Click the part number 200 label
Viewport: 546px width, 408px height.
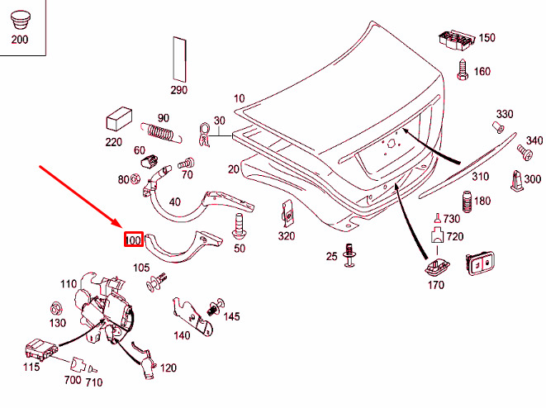click(19, 39)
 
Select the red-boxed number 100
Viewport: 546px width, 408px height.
click(134, 240)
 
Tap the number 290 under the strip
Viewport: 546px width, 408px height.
click(179, 90)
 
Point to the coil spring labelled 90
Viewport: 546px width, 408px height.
click(159, 132)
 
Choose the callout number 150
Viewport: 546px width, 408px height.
click(487, 38)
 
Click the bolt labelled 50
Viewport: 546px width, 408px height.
click(240, 225)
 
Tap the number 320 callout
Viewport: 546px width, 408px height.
click(286, 236)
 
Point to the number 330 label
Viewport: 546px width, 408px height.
click(505, 114)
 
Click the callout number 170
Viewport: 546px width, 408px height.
click(435, 285)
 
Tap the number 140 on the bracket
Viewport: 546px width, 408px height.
click(182, 335)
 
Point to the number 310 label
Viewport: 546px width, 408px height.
click(480, 177)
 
